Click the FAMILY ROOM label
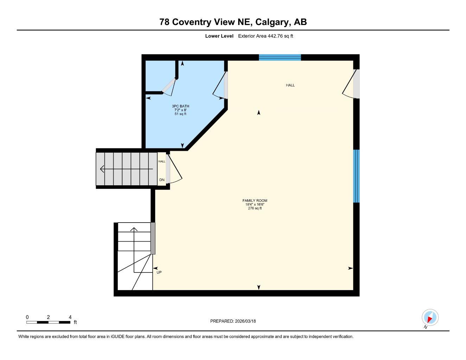[255, 200]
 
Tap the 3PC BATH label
[180, 106]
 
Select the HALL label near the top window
[290, 85]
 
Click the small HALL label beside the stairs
[161, 161]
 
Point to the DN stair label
[162, 180]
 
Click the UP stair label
[159, 272]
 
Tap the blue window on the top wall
[280, 57]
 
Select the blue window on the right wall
[356, 176]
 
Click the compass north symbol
[430, 318]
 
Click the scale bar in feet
[49, 322]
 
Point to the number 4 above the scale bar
[70, 317]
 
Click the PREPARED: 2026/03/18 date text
[233, 321]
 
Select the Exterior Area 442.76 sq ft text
[266, 36]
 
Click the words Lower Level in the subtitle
[219, 36]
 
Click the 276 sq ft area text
[255, 208]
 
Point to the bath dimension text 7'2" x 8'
[180, 110]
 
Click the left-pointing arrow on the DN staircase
[103, 169]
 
